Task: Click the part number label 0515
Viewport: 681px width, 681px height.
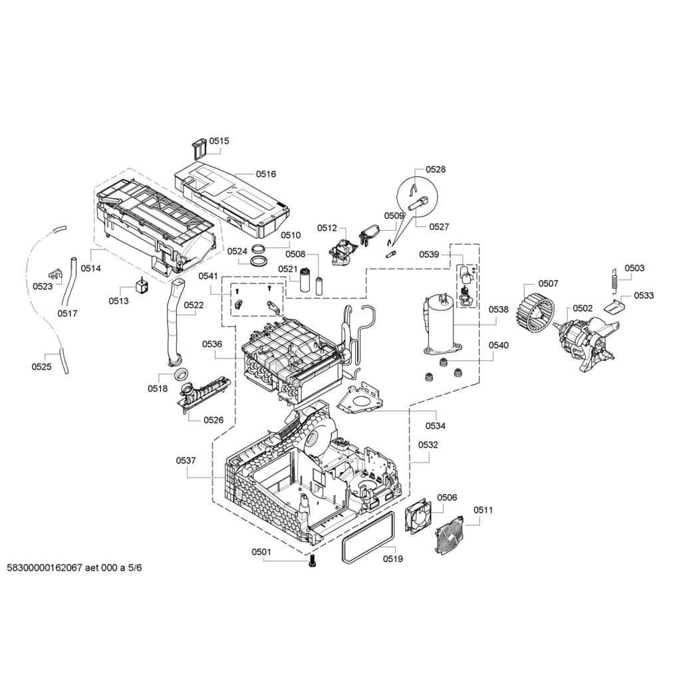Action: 219,141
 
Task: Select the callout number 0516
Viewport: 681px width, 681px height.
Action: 266,174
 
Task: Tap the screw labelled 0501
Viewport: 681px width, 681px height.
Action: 313,562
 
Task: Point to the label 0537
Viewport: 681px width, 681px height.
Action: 186,460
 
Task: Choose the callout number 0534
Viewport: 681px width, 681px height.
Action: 436,426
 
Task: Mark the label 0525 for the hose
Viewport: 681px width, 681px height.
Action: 41,366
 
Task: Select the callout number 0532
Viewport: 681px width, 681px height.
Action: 428,445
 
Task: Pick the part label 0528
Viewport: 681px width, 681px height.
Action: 436,170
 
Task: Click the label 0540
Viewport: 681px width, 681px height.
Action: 498,345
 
